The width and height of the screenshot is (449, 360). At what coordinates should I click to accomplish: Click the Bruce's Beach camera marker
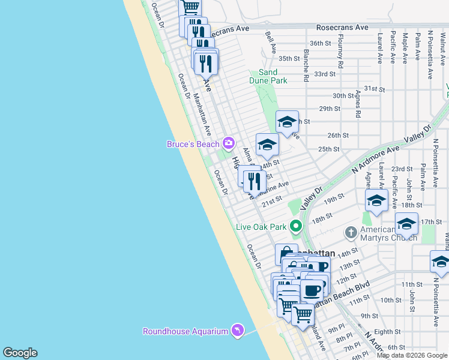click(228, 143)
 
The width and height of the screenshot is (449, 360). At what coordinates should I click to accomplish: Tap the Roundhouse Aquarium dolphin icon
click(238, 331)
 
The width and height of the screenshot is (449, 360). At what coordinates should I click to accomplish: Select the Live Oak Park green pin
click(295, 226)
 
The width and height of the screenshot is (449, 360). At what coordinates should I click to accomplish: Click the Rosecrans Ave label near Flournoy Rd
click(342, 28)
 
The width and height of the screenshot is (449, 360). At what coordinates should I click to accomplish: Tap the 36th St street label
click(321, 43)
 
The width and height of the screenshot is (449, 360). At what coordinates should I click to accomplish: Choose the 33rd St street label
click(324, 74)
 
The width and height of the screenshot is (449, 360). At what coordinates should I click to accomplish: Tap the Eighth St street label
click(387, 331)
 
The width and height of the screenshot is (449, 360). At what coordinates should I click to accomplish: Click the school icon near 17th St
click(406, 225)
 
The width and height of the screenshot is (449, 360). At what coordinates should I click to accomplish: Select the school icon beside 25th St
click(267, 144)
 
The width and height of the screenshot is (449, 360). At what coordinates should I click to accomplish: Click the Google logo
click(20, 353)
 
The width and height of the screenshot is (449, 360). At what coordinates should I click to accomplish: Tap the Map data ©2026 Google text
click(412, 355)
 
